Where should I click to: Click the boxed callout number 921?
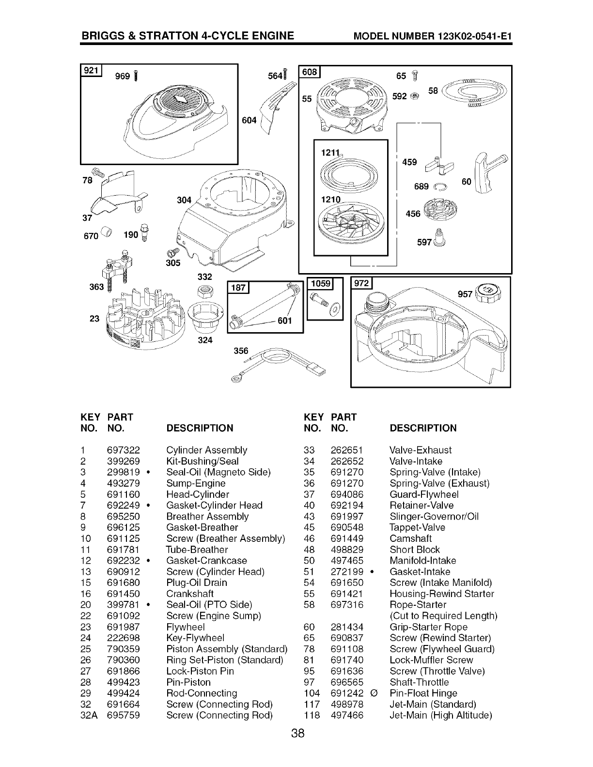[x=91, y=70]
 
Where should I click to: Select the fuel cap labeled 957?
[x=488, y=292]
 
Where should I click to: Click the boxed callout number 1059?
[x=321, y=283]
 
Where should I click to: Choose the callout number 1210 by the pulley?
[x=330, y=199]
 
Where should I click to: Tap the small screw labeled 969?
[x=136, y=76]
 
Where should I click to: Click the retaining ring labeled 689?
[x=440, y=187]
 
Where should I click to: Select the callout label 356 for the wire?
[x=241, y=351]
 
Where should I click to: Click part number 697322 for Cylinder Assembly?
[x=123, y=450]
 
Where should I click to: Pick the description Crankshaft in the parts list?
[x=190, y=594]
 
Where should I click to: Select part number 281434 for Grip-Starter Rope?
[x=347, y=627]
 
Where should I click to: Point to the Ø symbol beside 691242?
[x=375, y=693]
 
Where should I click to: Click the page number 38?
[x=298, y=733]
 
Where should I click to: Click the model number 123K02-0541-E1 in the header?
[x=475, y=36]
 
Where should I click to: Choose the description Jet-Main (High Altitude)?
[x=441, y=715]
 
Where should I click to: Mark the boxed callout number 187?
[x=238, y=288]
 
